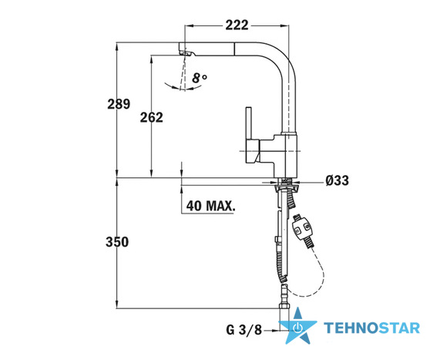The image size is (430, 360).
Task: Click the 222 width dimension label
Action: pos(237,25)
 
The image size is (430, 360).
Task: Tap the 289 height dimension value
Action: pos(119,104)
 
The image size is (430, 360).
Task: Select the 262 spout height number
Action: pos(151,117)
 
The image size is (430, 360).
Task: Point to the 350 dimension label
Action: pos(117,242)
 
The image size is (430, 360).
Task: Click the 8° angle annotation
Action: pos(200,78)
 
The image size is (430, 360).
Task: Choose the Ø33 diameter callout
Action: pos(338,180)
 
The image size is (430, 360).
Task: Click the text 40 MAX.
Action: pos(210,205)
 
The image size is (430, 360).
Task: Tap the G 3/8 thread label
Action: pos(244,329)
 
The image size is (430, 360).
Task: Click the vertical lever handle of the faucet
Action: pos(249,123)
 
